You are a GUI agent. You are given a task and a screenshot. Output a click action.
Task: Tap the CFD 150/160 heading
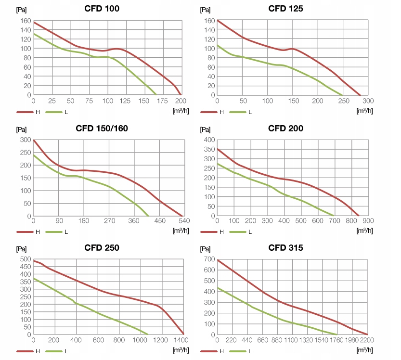tap(102, 129)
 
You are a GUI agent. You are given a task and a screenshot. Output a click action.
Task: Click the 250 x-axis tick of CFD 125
tap(343, 101)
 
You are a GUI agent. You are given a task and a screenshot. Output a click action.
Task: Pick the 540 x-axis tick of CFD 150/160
tap(184, 221)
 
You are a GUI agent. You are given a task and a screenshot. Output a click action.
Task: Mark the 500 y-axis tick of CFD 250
tap(25, 259)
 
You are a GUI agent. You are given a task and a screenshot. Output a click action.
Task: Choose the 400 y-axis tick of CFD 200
tap(209, 140)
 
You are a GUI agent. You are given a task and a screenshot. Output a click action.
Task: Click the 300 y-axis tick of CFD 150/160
tap(25, 140)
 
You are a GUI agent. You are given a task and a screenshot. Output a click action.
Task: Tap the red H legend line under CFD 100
tap(24, 112)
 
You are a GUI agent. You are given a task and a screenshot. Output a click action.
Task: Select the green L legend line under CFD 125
tap(237, 112)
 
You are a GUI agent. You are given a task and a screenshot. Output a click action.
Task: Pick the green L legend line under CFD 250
tap(53, 351)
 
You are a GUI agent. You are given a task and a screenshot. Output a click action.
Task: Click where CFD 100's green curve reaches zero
tap(157, 95)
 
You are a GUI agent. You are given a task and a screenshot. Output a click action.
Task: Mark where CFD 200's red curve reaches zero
tap(359, 216)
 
